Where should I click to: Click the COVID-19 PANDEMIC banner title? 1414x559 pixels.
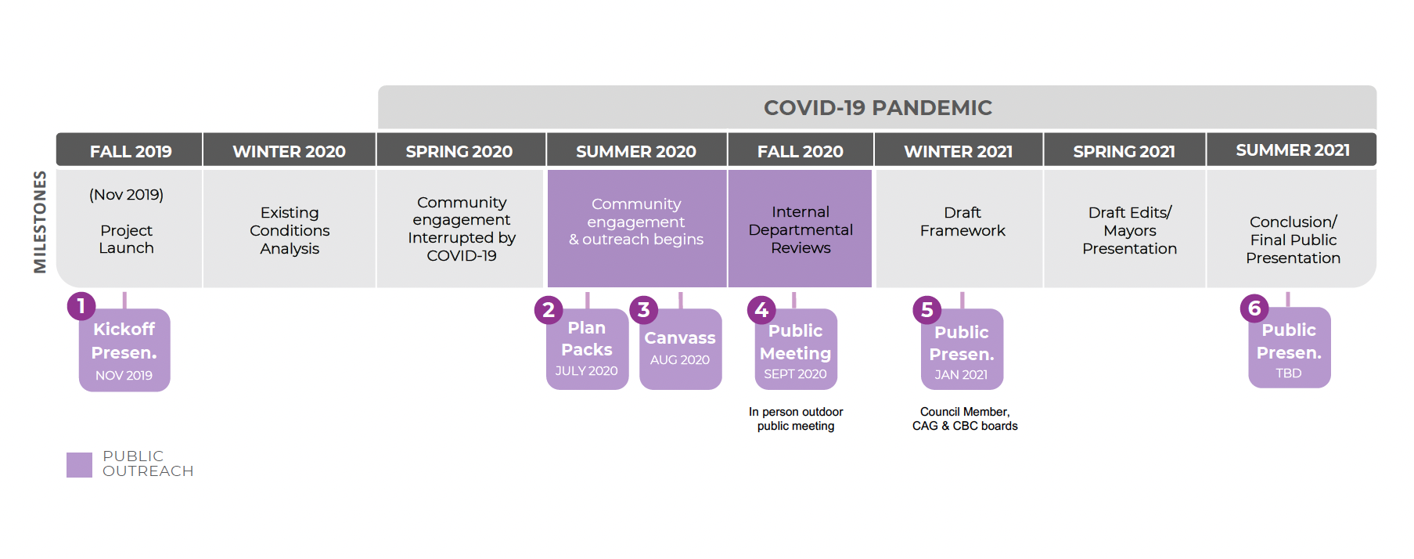click(x=877, y=107)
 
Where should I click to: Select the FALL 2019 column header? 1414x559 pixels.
click(x=130, y=151)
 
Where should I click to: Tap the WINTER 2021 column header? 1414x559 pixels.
click(x=958, y=151)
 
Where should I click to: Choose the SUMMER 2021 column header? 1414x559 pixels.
click(x=1292, y=150)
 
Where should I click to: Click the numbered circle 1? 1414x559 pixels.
click(x=81, y=306)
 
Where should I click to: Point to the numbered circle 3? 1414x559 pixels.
click(x=643, y=310)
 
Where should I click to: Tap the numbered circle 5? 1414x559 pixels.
click(x=926, y=310)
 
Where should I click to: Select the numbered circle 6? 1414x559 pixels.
click(x=1254, y=308)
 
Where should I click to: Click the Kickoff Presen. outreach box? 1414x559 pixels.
click(x=124, y=351)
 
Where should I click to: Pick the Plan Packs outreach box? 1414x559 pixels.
click(x=587, y=349)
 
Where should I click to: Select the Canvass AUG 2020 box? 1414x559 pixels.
click(x=680, y=349)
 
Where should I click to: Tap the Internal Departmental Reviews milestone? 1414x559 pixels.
click(x=800, y=229)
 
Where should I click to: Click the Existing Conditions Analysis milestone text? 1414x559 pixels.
click(x=290, y=230)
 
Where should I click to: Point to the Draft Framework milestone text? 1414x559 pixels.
click(x=962, y=222)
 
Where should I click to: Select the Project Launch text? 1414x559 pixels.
click(x=126, y=239)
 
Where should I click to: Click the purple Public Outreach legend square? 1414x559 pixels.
click(x=79, y=464)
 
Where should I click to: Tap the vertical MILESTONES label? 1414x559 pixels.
click(x=40, y=222)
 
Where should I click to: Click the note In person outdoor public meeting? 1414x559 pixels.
click(x=795, y=419)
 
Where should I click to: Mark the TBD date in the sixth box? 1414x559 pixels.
click(x=1288, y=373)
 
